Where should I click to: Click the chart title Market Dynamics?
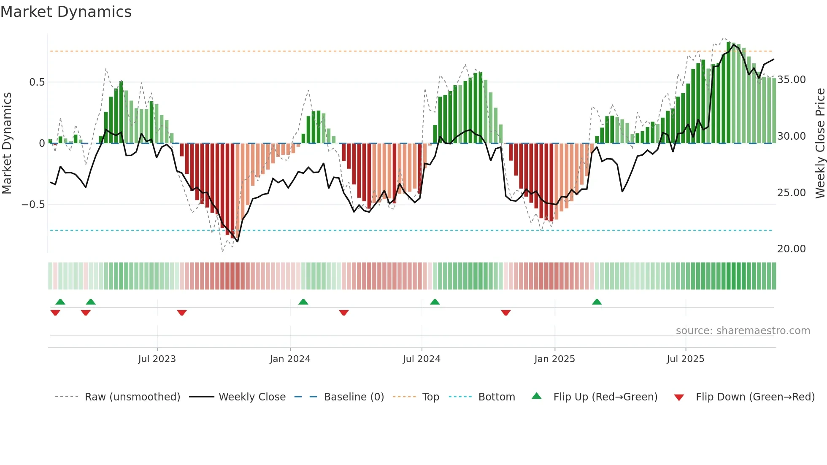click(x=66, y=12)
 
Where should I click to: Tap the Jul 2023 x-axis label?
click(x=157, y=359)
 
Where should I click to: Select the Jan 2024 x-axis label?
click(x=290, y=359)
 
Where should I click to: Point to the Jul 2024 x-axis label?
click(x=422, y=359)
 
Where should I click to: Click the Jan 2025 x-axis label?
click(x=554, y=359)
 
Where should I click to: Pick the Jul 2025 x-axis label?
click(x=686, y=359)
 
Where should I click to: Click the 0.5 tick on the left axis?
click(x=37, y=82)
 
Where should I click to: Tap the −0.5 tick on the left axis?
click(x=33, y=205)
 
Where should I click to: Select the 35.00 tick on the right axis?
click(x=792, y=80)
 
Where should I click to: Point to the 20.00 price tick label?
click(x=792, y=249)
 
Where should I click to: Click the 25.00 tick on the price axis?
click(x=792, y=193)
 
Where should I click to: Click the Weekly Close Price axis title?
click(x=820, y=143)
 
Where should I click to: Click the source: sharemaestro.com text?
click(x=743, y=331)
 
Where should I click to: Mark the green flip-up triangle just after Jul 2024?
click(x=435, y=302)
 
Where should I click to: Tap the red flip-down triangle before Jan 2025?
click(x=506, y=313)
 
